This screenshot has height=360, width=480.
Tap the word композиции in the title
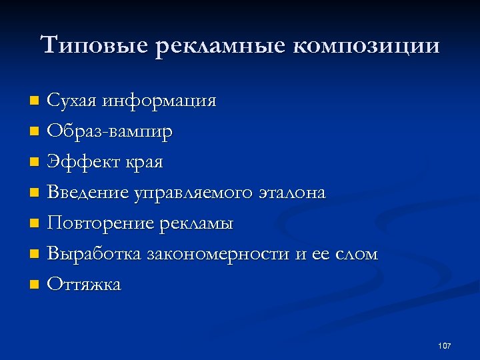coord(366,46)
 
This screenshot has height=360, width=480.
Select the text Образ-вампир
coord(110,131)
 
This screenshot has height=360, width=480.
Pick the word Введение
coord(88,193)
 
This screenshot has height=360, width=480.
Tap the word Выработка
coord(94,254)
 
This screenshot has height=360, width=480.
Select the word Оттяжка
coord(85,285)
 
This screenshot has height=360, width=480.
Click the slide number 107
coord(445,345)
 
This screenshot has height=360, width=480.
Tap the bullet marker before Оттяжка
coord(35,285)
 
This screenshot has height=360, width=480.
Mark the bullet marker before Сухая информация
coord(35,101)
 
